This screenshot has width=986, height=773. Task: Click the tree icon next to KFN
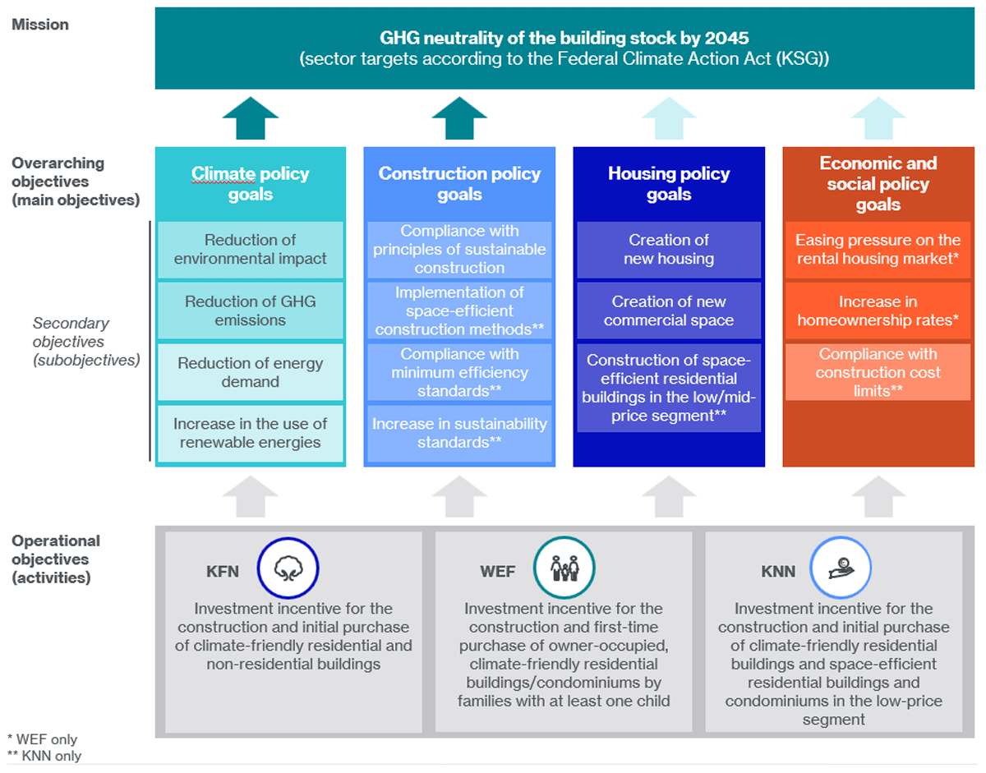pyautogui.click(x=288, y=568)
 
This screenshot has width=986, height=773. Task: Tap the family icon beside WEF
pyautogui.click(x=564, y=568)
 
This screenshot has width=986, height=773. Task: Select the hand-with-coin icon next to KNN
pyautogui.click(x=841, y=568)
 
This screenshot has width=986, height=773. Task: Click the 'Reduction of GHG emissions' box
pyautogui.click(x=251, y=311)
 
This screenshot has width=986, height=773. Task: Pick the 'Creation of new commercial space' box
pyautogui.click(x=669, y=311)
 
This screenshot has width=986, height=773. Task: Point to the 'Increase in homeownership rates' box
pyautogui.click(x=878, y=311)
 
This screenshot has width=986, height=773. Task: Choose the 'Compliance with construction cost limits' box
pyautogui.click(x=878, y=372)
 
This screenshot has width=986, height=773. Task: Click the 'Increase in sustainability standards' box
pyautogui.click(x=459, y=433)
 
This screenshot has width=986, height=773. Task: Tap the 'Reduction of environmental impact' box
pyautogui.click(x=251, y=250)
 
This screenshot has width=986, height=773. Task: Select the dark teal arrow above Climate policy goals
pyautogui.click(x=251, y=118)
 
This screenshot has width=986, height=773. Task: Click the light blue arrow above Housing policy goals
pyautogui.click(x=669, y=118)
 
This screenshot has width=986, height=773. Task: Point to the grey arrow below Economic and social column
pyautogui.click(x=878, y=496)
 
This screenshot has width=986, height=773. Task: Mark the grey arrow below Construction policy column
pyautogui.click(x=459, y=496)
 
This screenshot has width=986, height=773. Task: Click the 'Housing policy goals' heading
pyautogui.click(x=669, y=184)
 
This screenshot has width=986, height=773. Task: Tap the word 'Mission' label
pyautogui.click(x=40, y=25)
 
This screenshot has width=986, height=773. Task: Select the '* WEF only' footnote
pyautogui.click(x=42, y=739)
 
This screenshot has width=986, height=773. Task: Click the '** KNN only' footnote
pyautogui.click(x=44, y=757)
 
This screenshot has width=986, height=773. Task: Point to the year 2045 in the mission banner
pyautogui.click(x=727, y=38)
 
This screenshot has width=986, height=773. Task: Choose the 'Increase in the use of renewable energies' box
pyautogui.click(x=251, y=433)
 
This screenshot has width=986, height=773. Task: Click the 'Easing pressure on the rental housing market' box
pyautogui.click(x=878, y=250)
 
